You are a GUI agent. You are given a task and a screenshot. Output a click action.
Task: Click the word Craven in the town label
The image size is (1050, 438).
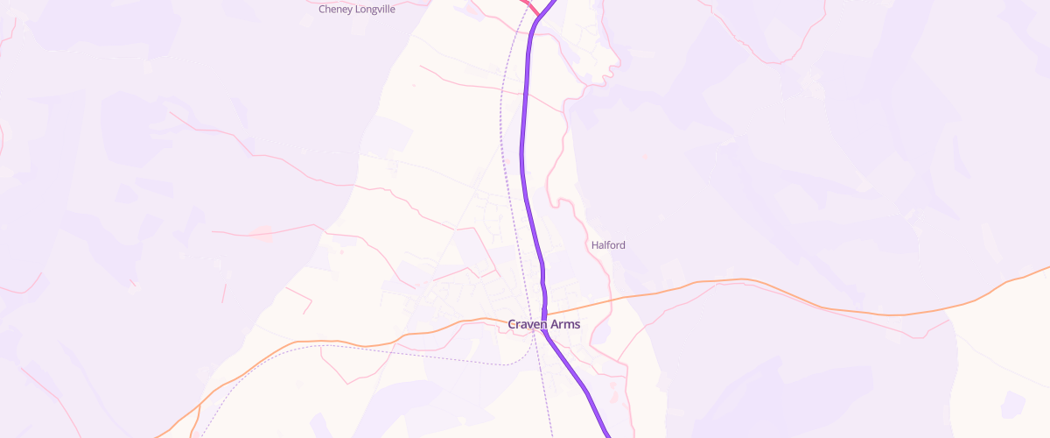click(528, 325)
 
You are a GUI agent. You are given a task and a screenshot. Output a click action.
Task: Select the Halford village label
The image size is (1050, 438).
click(608, 245)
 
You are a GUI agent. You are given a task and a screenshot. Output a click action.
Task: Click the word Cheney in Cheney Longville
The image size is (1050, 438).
click(337, 10)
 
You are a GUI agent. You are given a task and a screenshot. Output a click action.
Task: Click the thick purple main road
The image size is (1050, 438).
click(524, 131)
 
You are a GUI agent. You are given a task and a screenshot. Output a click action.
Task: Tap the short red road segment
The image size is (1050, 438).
click(529, 7)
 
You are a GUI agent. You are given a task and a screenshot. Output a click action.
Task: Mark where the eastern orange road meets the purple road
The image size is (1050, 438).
click(544, 314)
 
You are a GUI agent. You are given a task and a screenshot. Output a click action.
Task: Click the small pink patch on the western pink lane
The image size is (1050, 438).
click(262, 232)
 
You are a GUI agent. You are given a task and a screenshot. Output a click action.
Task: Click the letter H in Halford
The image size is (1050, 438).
click(595, 245)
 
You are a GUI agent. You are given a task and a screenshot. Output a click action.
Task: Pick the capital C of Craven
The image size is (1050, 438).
click(512, 325)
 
